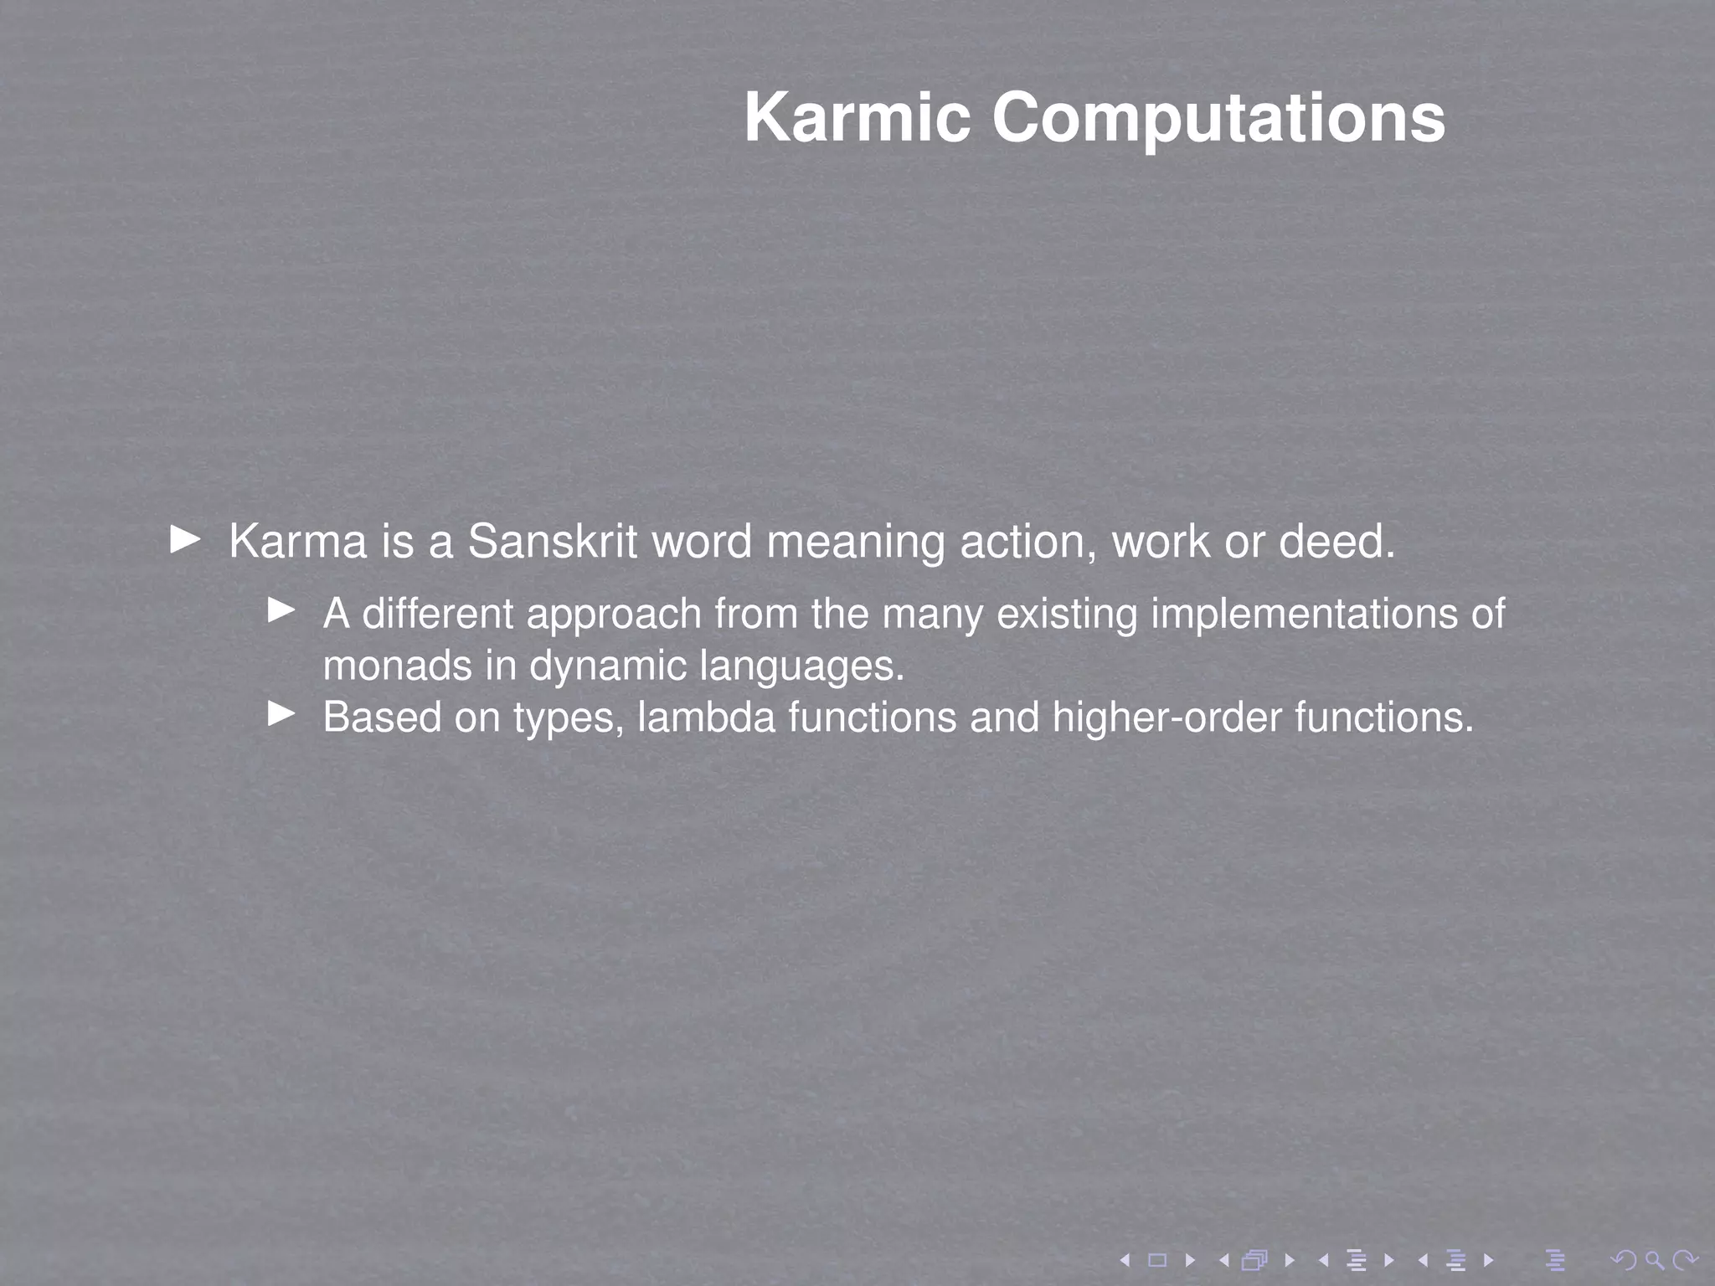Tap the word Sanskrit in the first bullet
[x=554, y=541]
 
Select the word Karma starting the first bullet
[x=298, y=541]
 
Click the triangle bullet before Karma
[x=185, y=539]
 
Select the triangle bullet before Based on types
[x=281, y=714]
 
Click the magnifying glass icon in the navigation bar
[x=1654, y=1260]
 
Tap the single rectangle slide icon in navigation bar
[x=1157, y=1260]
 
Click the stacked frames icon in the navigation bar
[x=1254, y=1260]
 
